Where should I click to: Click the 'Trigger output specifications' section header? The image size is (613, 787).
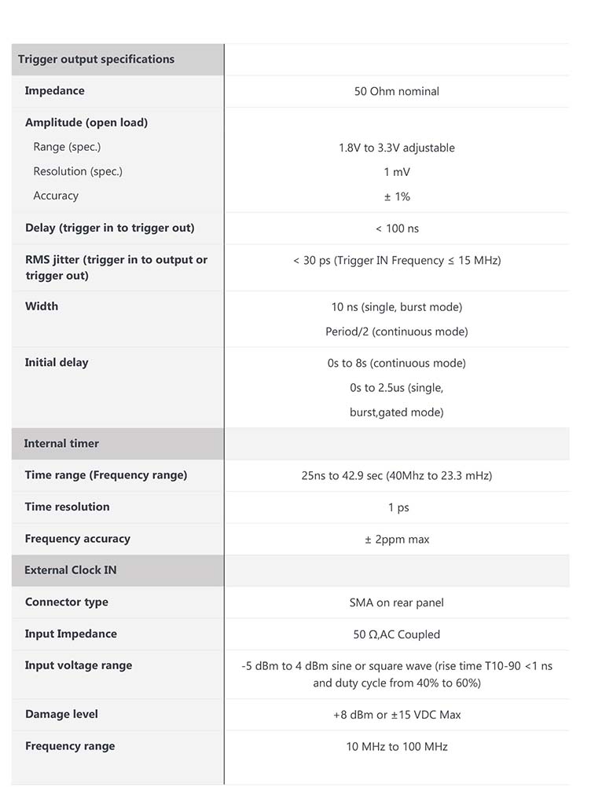click(96, 60)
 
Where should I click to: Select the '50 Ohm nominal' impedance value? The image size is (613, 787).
click(396, 92)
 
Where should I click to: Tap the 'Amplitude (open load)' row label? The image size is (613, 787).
click(86, 123)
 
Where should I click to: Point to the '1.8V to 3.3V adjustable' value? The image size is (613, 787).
click(396, 148)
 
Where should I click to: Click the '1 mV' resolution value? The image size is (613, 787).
click(396, 172)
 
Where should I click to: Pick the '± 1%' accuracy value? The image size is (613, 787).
click(396, 197)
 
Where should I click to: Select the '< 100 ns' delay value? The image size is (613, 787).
click(396, 229)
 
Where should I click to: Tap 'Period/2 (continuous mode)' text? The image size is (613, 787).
click(396, 332)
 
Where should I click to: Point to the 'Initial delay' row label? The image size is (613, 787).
click(57, 363)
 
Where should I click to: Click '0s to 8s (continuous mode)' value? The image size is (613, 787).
click(396, 364)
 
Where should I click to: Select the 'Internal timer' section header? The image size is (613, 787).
click(61, 444)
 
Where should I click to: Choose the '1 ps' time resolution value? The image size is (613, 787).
click(398, 508)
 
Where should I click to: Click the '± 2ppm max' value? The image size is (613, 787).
click(396, 540)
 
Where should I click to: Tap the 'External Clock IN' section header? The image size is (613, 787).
click(71, 570)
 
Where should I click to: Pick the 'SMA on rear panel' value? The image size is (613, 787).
click(396, 603)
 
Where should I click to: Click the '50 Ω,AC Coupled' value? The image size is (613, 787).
click(396, 635)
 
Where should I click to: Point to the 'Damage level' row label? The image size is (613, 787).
click(61, 715)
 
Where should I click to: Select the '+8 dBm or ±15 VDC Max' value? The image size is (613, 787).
click(396, 716)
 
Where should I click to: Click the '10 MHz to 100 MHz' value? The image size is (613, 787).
click(396, 747)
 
